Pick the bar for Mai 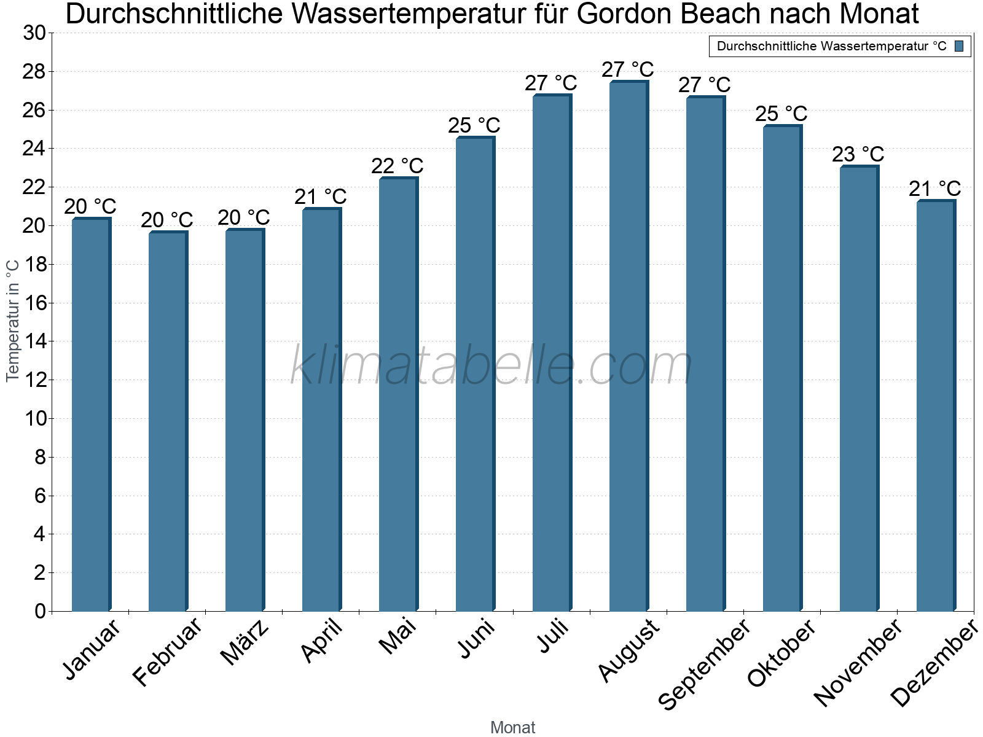click(x=398, y=394)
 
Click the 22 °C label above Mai click(x=398, y=166)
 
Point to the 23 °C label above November click(x=858, y=154)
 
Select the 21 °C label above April click(x=321, y=197)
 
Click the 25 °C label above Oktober click(x=781, y=114)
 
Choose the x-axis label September click(x=704, y=663)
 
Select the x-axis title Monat click(x=513, y=728)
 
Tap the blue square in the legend click(x=959, y=46)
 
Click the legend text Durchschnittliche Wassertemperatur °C click(x=831, y=46)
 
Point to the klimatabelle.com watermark click(x=491, y=365)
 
